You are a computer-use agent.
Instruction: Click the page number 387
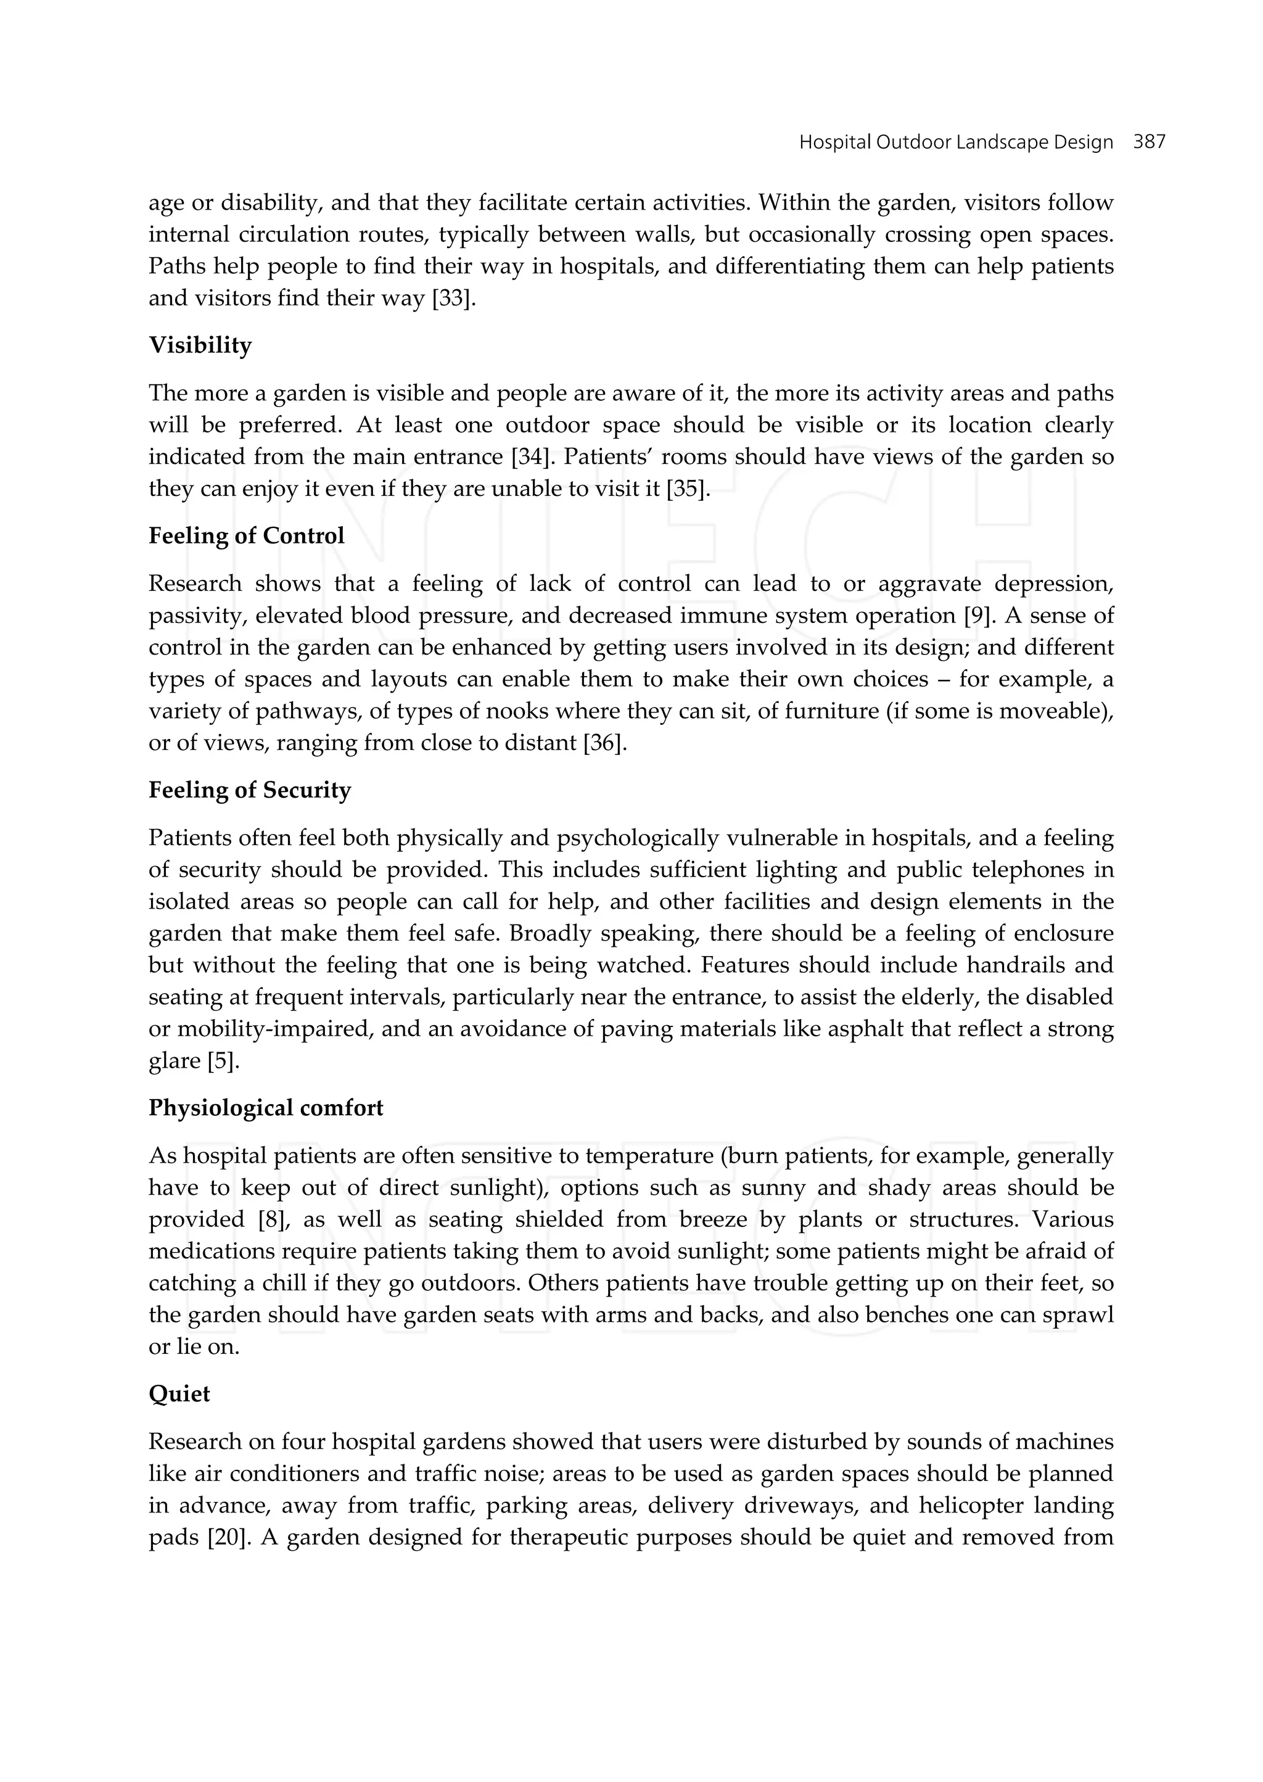(x=1149, y=142)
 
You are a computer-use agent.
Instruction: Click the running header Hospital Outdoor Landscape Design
(x=956, y=142)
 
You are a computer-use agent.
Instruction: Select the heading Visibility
(x=200, y=345)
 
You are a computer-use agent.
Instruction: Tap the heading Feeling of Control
(x=246, y=536)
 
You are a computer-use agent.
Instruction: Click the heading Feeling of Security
(x=250, y=790)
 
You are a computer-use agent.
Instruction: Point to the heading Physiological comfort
(x=265, y=1108)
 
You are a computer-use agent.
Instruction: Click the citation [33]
(x=453, y=299)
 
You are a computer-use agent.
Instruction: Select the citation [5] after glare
(x=223, y=1061)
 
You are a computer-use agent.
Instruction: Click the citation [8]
(x=273, y=1219)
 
